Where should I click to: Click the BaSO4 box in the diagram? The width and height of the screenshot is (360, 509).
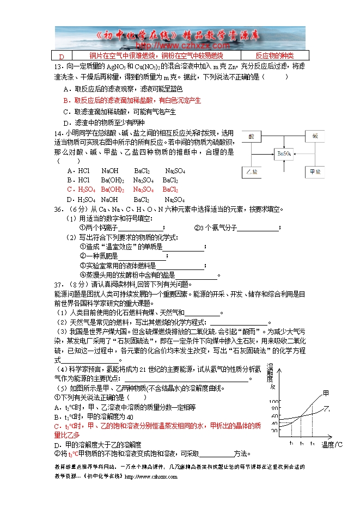(x=284, y=154)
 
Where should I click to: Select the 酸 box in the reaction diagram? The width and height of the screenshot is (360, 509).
(x=252, y=136)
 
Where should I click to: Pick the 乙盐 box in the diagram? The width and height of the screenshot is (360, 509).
(x=252, y=171)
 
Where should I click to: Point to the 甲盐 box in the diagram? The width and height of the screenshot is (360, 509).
(x=314, y=171)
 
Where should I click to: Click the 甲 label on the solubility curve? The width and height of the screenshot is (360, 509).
(x=326, y=393)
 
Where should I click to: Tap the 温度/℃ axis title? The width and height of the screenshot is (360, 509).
(x=332, y=445)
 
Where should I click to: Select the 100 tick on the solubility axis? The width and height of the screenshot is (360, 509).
(x=274, y=401)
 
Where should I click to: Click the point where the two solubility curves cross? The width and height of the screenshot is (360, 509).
(x=301, y=418)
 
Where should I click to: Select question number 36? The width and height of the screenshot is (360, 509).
(x=58, y=208)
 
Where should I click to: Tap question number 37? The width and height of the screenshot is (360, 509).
(x=58, y=284)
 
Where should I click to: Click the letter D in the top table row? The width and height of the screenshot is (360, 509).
(x=62, y=56)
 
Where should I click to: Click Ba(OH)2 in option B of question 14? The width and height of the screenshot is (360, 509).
(x=112, y=180)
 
